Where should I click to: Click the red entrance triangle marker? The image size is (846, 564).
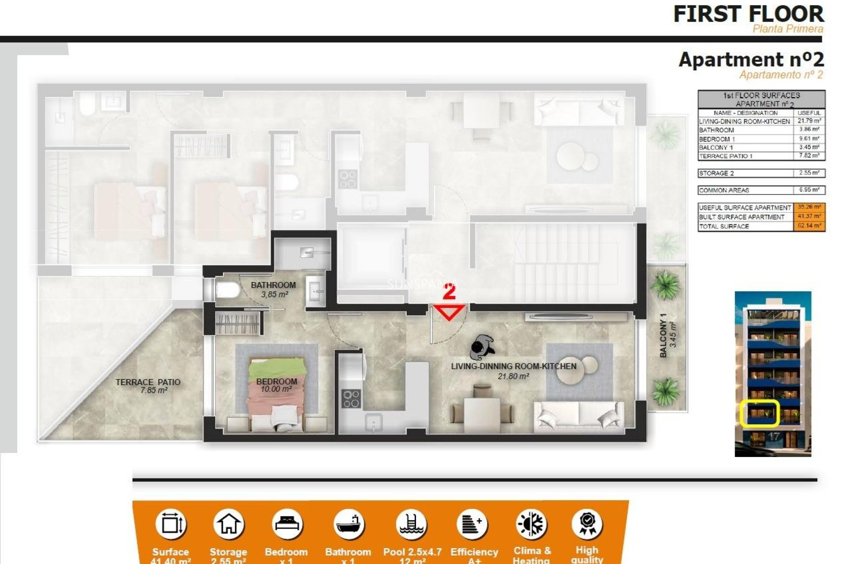coord(449,312)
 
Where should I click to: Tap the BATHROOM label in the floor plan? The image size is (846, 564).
coord(273,285)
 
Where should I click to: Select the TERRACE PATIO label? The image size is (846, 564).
coord(148,382)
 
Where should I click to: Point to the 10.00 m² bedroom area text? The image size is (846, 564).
coord(276,389)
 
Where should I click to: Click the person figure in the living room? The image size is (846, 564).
coord(482,347)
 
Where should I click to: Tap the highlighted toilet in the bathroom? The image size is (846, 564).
coord(227,290)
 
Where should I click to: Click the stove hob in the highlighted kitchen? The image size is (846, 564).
coord(351,398)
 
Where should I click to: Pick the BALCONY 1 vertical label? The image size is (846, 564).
coord(663,335)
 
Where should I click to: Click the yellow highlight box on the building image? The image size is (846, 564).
coord(760,413)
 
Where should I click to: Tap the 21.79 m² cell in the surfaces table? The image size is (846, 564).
coord(809,121)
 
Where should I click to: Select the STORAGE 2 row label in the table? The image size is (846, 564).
coord(716,173)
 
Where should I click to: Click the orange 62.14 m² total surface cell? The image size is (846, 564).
coord(809,226)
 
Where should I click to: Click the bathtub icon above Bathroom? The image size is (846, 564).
coord(349,524)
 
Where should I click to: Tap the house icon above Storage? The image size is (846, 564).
coord(228,524)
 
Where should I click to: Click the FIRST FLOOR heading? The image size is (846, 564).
coord(748,14)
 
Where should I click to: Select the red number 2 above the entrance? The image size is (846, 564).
coord(449,292)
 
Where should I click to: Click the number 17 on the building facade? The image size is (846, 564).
coord(774,437)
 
